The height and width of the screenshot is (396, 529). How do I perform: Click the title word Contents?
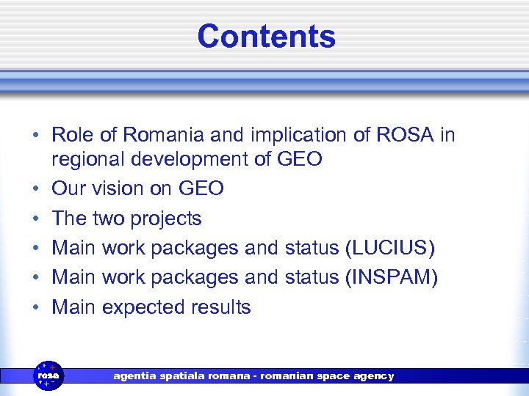pyautogui.click(x=266, y=37)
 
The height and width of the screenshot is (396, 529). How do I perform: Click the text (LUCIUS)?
pyautogui.click(x=389, y=249)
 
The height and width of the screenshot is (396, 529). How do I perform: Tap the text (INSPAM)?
pyautogui.click(x=391, y=278)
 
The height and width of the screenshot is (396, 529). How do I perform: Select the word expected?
pyautogui.click(x=144, y=307)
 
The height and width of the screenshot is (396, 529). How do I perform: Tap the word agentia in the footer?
pyautogui.click(x=133, y=376)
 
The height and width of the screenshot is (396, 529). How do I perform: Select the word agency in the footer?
pyautogui.click(x=373, y=376)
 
